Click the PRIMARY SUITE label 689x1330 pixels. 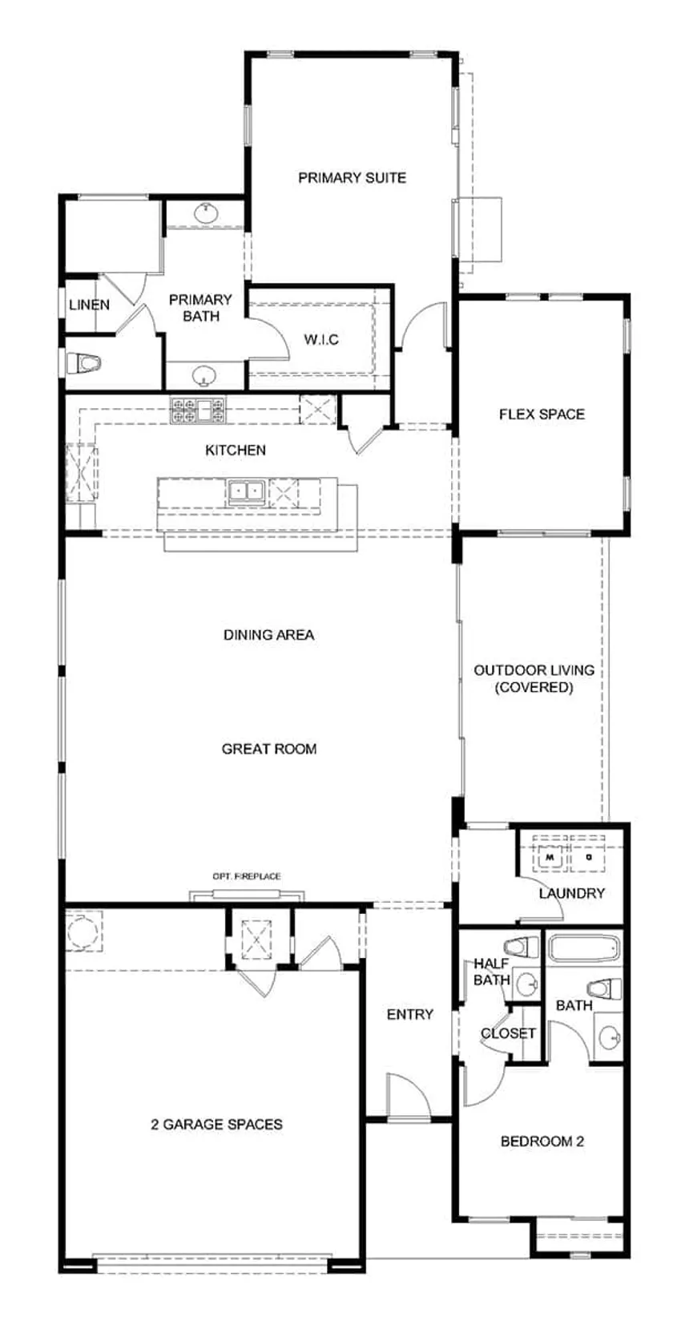tap(352, 177)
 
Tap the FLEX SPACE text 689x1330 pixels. tap(542, 414)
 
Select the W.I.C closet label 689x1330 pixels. tap(321, 340)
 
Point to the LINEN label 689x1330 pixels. tap(90, 305)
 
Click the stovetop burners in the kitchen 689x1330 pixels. tap(199, 410)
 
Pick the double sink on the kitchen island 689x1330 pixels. tap(246, 491)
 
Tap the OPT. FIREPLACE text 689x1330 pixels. tap(246, 875)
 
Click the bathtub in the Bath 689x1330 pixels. tap(583, 949)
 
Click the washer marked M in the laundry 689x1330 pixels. tap(550, 857)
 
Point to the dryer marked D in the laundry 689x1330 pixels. tap(587, 857)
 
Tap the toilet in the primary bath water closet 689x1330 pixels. tap(83, 363)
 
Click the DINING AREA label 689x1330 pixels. tap(269, 635)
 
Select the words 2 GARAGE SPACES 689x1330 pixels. tap(216, 1124)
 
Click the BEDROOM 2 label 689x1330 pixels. tap(542, 1141)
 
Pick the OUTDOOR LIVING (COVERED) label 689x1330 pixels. tap(534, 679)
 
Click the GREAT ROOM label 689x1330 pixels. tap(269, 749)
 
